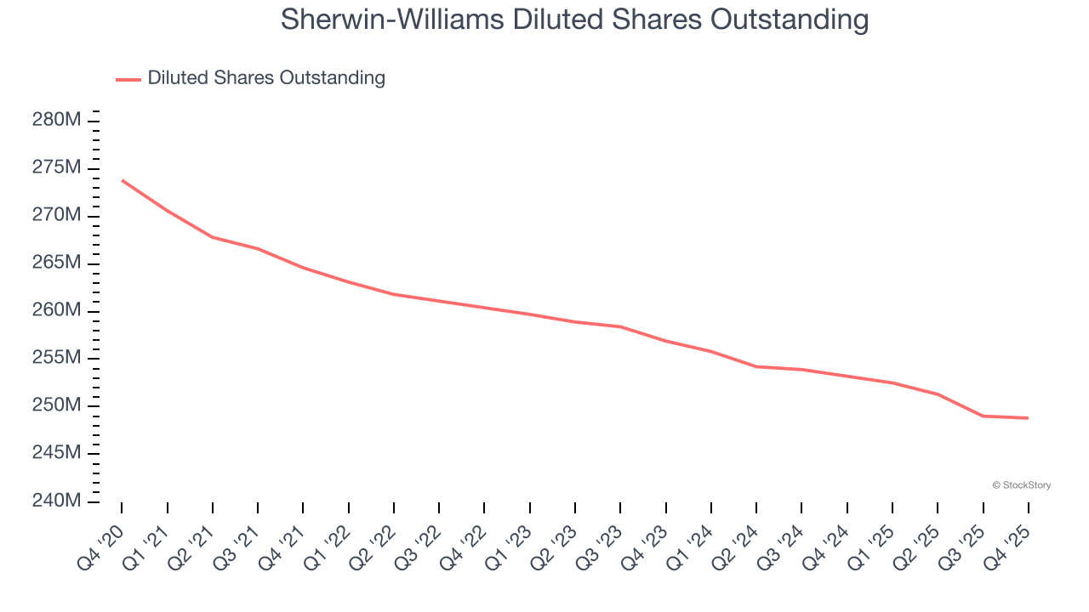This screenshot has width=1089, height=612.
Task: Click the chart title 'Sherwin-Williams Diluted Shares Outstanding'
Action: (x=574, y=20)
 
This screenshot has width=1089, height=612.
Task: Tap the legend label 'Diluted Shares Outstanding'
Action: (x=266, y=78)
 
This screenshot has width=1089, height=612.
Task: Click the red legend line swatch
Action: (x=128, y=79)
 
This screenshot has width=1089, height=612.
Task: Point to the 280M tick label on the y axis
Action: (x=56, y=120)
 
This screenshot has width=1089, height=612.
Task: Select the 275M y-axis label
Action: (x=56, y=167)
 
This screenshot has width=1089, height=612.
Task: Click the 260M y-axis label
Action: (x=56, y=310)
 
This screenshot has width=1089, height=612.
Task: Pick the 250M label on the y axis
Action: (x=56, y=405)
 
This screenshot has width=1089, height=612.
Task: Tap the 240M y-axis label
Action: (x=56, y=501)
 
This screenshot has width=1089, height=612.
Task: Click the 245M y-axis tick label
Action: (x=56, y=453)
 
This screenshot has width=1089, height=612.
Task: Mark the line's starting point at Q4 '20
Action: (x=122, y=180)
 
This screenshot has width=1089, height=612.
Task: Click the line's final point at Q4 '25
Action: (x=1028, y=417)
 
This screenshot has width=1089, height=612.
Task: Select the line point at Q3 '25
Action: (x=983, y=416)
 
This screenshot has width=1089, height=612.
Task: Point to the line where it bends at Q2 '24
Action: (x=756, y=366)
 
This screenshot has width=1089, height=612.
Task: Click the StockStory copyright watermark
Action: (x=1021, y=485)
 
